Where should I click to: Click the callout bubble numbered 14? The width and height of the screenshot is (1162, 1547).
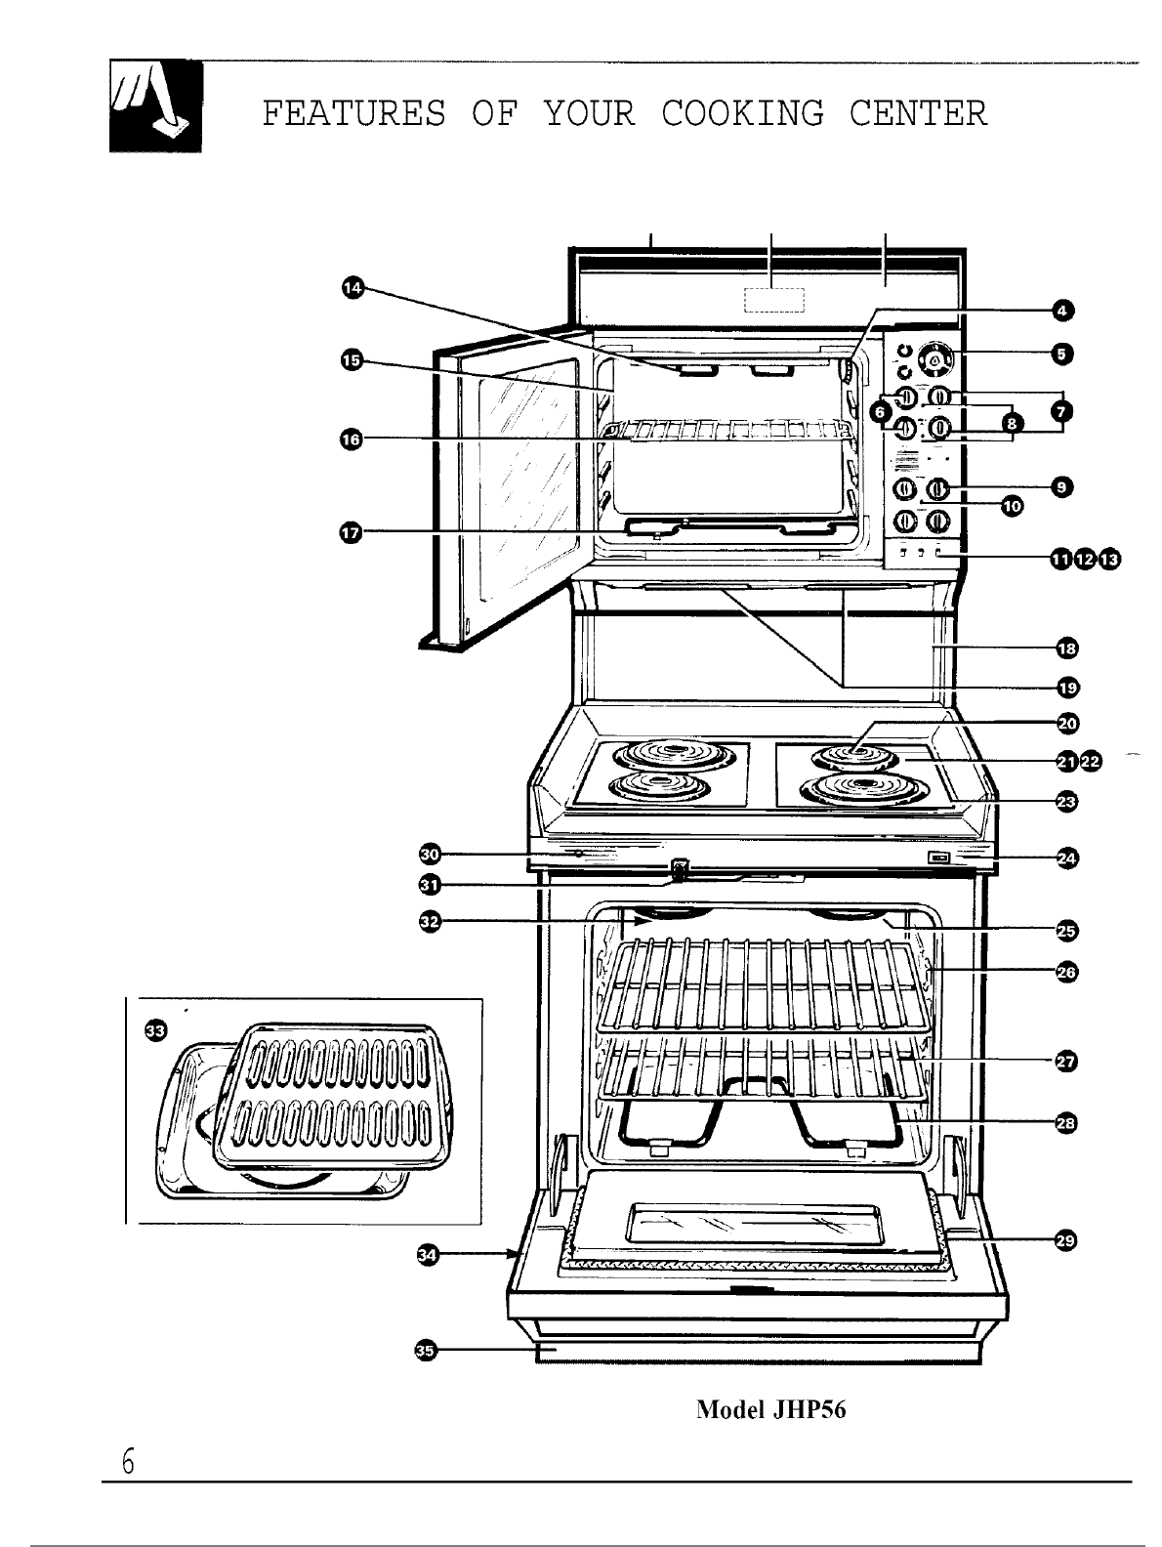(352, 286)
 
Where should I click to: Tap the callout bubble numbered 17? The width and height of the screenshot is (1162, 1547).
(350, 531)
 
